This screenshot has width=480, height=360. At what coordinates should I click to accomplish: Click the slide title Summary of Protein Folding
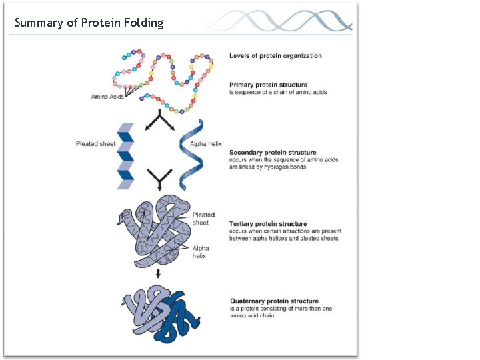(89, 23)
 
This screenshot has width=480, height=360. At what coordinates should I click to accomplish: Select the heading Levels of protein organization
(275, 56)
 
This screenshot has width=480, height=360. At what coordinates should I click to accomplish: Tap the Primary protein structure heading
(269, 85)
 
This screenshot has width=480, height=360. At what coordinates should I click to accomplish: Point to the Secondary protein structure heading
(273, 153)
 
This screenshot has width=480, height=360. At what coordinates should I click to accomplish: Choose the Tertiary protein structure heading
(268, 224)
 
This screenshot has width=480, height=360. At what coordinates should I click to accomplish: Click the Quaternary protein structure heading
(274, 301)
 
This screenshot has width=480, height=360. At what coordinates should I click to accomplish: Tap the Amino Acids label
(107, 97)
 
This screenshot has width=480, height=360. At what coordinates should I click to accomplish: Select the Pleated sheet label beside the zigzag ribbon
(95, 144)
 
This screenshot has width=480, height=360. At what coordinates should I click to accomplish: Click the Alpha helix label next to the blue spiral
(206, 144)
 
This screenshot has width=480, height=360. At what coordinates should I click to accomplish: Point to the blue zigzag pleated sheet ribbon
(126, 155)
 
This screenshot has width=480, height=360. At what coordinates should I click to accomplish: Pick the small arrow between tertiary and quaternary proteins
(158, 273)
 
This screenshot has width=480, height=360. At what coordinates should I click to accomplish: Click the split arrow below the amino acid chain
(160, 121)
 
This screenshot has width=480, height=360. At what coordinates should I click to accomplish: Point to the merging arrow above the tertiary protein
(160, 179)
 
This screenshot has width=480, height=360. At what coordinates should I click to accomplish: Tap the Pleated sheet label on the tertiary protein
(203, 219)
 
